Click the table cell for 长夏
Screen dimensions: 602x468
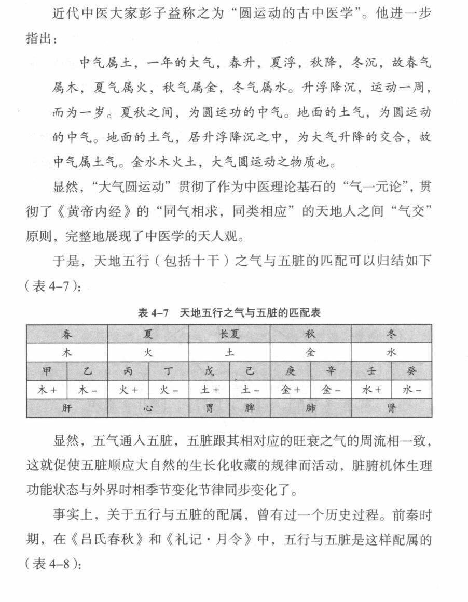coord(229,334)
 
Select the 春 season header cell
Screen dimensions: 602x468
coord(67,334)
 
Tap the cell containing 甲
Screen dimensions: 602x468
coord(47,371)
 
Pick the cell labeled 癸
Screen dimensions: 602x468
coord(411,371)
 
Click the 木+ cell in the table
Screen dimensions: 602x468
coord(47,390)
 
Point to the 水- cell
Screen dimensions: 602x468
coord(411,390)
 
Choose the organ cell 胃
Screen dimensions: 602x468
coord(209,408)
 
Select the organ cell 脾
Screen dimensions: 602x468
coord(250,408)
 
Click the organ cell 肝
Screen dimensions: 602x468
coord(67,408)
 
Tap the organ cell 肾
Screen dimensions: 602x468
coord(391,408)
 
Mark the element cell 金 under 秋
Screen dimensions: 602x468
coord(310,352)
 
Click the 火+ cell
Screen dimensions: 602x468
coord(128,390)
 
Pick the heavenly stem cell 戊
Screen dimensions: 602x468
coord(209,371)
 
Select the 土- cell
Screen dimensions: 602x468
coord(250,390)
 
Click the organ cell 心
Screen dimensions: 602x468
coord(148,408)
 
